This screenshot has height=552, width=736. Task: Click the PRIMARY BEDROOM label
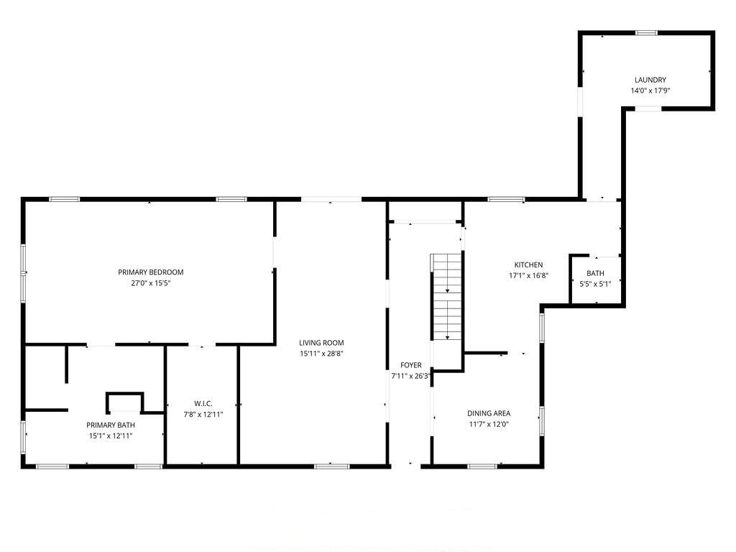tap(151, 272)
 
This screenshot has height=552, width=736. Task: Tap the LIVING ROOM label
tap(321, 343)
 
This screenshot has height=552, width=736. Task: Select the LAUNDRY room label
tap(650, 80)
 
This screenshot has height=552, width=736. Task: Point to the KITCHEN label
tap(528, 264)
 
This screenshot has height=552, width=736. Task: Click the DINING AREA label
tap(489, 413)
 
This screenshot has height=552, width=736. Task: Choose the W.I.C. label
tap(203, 404)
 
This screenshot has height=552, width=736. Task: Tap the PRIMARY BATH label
tap(111, 425)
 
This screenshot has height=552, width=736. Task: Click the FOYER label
tap(410, 365)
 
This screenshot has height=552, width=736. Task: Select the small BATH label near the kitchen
tap(596, 273)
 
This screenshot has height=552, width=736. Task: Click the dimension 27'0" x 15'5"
tap(151, 283)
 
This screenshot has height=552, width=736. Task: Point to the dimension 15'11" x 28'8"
tap(321, 354)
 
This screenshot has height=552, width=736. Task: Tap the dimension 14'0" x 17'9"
tap(650, 91)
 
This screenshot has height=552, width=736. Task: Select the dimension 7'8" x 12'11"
tap(203, 415)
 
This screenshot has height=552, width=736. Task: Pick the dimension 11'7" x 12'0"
tap(489, 424)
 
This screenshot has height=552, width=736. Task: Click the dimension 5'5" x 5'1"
tap(596, 284)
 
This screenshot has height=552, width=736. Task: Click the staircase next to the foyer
tap(447, 297)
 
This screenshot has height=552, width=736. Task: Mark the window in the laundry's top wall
tap(646, 33)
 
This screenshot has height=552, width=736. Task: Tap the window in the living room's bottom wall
tap(332, 466)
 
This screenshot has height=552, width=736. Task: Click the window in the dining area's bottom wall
tap(482, 466)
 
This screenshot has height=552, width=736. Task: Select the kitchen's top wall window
tap(506, 200)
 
